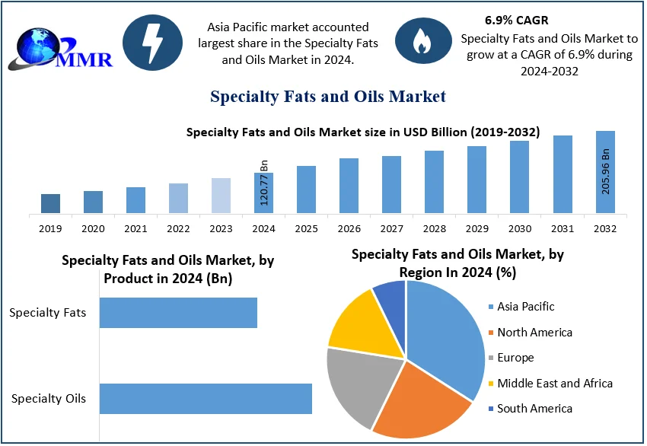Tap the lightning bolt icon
point(152,43)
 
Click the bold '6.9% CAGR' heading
point(516,21)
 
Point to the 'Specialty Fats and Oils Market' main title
point(328,97)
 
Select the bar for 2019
point(50,203)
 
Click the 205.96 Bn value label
point(606,172)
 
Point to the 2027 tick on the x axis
point(391,228)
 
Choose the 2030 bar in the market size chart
point(519,177)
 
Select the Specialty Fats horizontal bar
point(178,313)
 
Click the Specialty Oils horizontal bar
point(206,399)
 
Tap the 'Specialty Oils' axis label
point(49,398)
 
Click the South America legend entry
point(534,409)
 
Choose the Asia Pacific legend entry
point(525,307)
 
